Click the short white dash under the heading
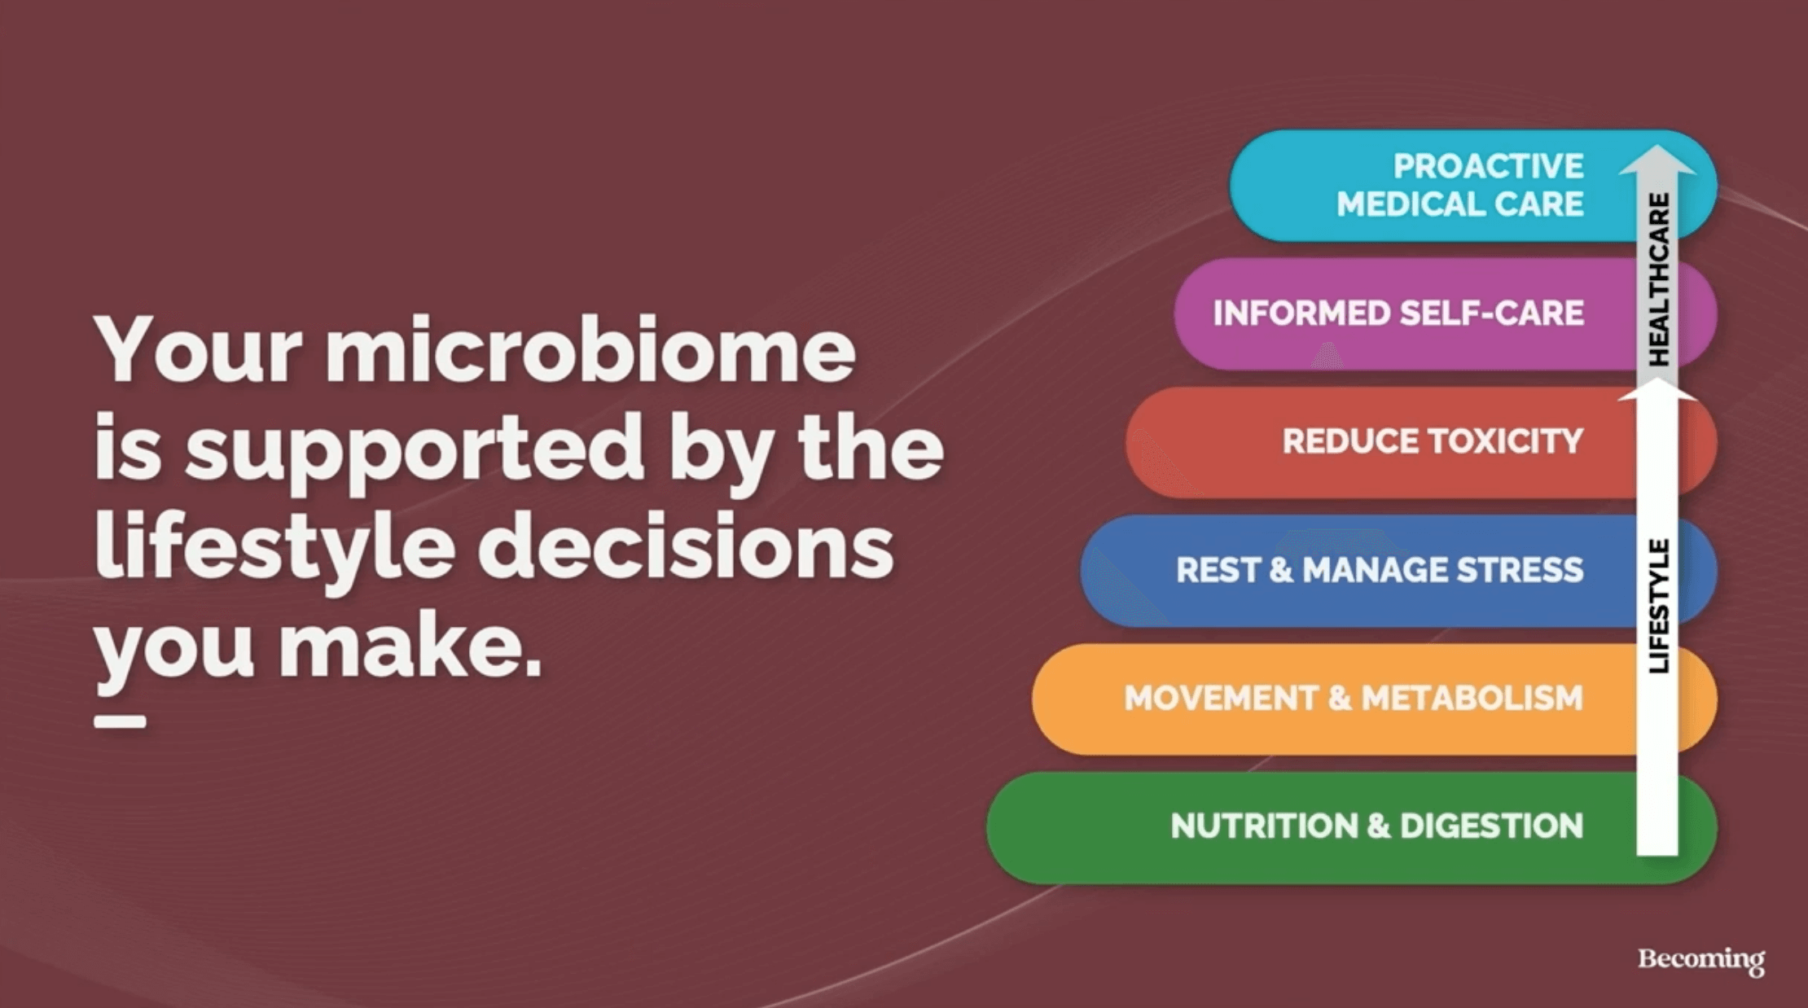121,721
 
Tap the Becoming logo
1701,959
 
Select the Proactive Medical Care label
1460,185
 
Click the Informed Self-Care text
1398,313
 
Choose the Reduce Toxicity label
1433,441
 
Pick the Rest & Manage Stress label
1380,570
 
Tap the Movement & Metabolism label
1354,698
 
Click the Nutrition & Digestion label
1377,826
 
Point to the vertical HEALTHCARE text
1658,279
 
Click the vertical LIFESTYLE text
1658,606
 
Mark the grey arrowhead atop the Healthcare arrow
1657,160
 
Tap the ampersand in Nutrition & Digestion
1379,826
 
